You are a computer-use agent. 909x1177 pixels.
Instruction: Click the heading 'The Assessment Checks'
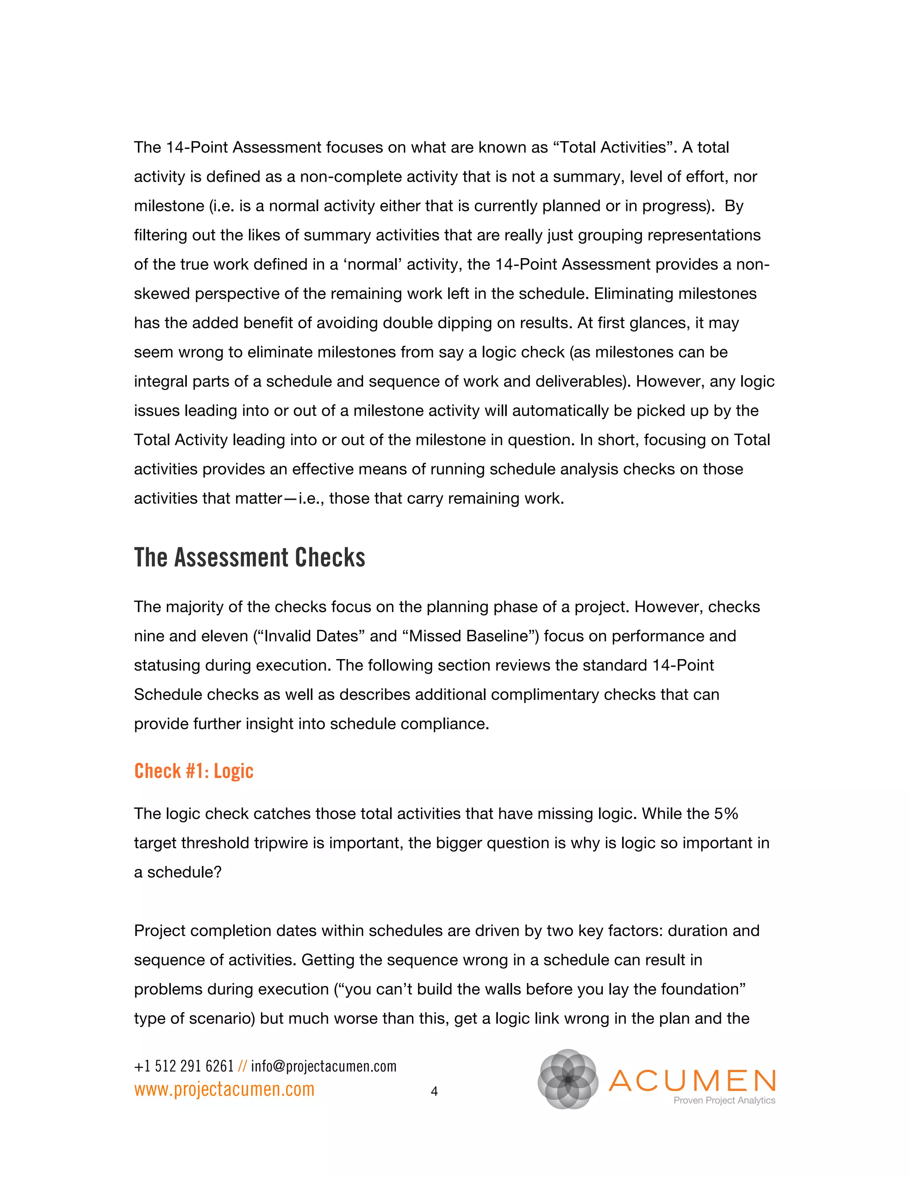point(249,558)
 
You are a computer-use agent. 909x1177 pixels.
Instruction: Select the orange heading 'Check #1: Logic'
point(194,771)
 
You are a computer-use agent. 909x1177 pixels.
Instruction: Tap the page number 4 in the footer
point(435,1091)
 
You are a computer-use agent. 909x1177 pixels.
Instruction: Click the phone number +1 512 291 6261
point(184,1066)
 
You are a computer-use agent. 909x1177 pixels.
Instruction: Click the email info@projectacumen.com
point(324,1066)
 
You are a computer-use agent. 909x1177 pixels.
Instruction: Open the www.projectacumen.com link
point(224,1089)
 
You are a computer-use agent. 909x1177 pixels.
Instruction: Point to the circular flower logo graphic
point(568,1079)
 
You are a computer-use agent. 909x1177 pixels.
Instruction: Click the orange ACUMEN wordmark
point(692,1080)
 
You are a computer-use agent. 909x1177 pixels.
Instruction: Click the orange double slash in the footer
point(242,1066)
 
